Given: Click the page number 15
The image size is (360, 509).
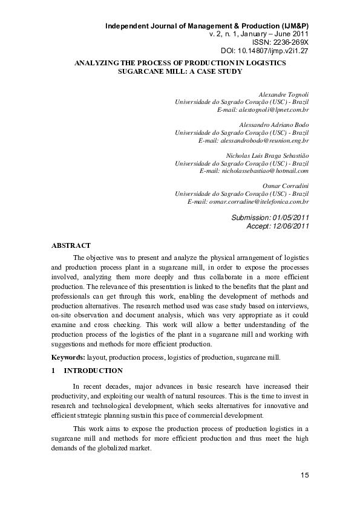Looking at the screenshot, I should point(304,476).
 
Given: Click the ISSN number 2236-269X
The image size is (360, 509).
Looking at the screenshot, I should point(289,43).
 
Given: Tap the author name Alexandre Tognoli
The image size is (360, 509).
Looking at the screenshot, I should point(283,96).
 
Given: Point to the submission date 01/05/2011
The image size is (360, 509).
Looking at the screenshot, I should point(290,217).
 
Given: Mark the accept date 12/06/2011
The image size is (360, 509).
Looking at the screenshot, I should point(290,226).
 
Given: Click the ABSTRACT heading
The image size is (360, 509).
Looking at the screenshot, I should point(71,245).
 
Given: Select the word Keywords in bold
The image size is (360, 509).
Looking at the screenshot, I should point(68,357).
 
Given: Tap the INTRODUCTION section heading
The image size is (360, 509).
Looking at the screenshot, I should point(93,371).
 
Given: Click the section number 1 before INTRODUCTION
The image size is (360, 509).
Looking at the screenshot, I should point(54,371).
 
